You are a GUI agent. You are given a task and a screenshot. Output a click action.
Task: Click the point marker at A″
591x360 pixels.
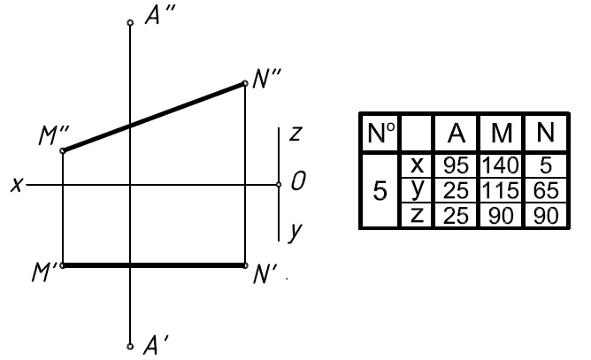click(130, 23)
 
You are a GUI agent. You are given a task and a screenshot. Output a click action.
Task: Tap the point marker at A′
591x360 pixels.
click(130, 347)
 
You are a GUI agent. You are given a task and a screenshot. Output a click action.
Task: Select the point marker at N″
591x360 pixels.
click(245, 83)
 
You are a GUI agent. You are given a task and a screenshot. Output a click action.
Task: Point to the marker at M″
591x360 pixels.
click(63, 150)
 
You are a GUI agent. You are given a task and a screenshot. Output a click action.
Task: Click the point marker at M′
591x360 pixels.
click(63, 265)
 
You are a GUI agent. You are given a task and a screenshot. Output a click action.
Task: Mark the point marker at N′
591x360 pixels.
click(245, 265)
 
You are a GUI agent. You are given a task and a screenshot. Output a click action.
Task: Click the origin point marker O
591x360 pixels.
click(279, 185)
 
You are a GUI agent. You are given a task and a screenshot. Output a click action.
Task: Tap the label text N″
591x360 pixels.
click(266, 79)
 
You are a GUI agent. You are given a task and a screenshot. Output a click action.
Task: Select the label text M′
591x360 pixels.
click(44, 272)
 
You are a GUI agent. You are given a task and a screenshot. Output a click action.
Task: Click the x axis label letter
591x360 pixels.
click(16, 185)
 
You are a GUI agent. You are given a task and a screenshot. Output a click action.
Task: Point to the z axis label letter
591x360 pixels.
click(295, 134)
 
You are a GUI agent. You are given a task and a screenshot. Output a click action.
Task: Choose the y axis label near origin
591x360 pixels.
click(295, 233)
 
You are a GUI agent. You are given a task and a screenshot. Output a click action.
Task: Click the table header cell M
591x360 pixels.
click(502, 133)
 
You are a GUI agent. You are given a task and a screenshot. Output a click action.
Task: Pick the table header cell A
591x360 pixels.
click(457, 133)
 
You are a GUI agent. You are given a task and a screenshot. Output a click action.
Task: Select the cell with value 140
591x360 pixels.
click(501, 165)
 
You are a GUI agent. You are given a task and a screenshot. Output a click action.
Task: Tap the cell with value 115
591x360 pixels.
click(501, 190)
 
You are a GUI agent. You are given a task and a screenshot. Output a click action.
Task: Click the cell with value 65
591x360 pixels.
click(546, 190)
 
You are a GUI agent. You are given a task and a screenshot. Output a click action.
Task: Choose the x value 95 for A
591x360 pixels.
click(456, 165)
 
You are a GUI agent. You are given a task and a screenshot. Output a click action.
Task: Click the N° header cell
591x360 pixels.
click(381, 133)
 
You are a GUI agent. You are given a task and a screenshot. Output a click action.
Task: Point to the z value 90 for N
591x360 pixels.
click(546, 216)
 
